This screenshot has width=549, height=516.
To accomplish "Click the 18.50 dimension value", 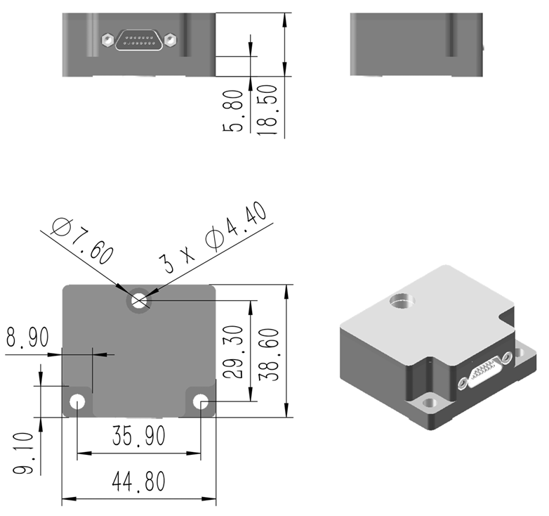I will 268,112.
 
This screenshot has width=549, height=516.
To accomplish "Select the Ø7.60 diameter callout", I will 83,241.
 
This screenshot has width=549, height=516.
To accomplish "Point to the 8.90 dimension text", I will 27,337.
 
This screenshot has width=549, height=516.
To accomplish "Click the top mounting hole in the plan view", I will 138,302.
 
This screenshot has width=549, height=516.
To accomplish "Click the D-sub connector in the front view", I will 138,40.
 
